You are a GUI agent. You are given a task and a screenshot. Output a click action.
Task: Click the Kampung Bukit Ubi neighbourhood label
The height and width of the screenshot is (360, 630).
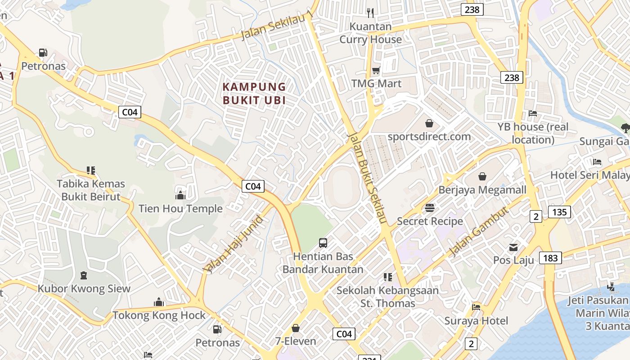254,93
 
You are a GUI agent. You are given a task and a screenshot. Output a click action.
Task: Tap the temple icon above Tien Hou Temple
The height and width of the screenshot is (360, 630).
180,195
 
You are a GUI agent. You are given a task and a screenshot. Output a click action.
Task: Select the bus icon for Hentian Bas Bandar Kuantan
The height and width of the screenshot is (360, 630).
323,243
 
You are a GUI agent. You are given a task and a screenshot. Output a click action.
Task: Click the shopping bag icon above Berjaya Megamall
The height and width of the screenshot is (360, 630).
482,176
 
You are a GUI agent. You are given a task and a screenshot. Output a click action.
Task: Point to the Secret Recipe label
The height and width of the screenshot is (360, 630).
430,221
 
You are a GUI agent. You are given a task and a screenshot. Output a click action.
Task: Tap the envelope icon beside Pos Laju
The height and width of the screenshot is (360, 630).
513,247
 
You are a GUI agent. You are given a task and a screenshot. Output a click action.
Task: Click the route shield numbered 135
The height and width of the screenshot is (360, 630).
559,212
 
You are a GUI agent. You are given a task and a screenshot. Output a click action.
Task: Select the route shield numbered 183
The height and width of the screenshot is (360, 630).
550,258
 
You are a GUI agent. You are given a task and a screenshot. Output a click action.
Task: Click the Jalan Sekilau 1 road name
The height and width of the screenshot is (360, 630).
277,25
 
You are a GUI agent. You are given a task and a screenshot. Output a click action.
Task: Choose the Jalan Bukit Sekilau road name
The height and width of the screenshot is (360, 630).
368,178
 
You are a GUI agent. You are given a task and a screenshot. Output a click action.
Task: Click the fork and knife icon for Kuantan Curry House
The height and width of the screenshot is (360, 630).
370,13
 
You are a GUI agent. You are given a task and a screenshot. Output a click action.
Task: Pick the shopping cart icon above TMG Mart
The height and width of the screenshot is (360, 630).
376,70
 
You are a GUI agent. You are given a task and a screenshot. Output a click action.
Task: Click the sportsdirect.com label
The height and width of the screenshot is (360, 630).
429,136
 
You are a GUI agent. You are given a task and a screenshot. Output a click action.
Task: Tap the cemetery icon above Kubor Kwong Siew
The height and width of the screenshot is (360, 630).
83,275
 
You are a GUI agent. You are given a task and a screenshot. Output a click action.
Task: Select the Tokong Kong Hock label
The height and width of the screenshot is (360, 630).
159,315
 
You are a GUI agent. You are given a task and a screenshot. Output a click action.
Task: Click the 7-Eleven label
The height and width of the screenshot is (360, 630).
296,341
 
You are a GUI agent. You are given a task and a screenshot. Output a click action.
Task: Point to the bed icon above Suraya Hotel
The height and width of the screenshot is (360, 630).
476,307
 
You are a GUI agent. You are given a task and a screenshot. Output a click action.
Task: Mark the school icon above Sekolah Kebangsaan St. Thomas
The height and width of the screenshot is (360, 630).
387,277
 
